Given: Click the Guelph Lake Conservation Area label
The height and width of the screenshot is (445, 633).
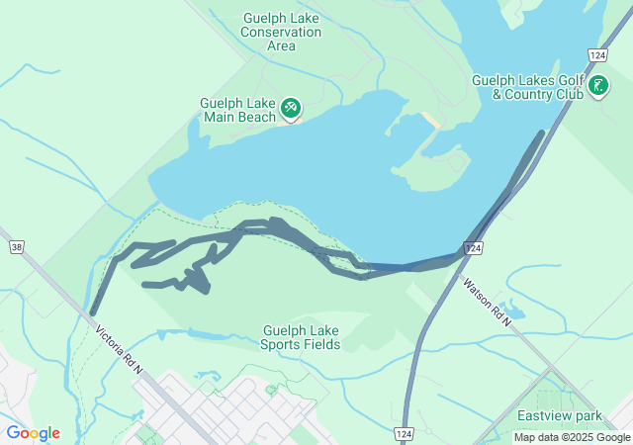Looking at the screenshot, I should tap(282, 32).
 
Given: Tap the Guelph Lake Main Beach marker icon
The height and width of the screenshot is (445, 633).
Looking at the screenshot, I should tap(290, 107).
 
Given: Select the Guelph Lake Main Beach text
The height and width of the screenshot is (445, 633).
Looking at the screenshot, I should tap(238, 110).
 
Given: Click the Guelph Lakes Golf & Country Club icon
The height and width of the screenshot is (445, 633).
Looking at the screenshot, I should tap(598, 86).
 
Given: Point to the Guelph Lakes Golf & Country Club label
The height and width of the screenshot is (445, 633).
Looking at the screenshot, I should tap(527, 87).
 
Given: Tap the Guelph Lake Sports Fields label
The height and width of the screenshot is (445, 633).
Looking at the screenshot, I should tap(301, 337).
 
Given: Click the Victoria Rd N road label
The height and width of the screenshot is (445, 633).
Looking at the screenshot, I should tap(120, 348).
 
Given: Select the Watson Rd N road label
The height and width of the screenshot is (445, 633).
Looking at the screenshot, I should tap(488, 302).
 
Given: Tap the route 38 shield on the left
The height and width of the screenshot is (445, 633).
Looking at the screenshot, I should tap(15, 245).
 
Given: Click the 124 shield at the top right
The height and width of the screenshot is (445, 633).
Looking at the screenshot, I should tap(596, 54).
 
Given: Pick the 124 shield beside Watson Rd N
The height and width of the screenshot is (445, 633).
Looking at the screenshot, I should tap(474, 248).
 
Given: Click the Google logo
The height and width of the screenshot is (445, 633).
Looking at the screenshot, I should tap(33, 432).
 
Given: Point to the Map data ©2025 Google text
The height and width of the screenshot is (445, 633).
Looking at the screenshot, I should tap(572, 437).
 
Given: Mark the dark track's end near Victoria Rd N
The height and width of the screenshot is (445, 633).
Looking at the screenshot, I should tap(92, 312).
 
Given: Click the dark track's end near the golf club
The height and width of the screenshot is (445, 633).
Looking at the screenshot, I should tap(541, 133).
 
